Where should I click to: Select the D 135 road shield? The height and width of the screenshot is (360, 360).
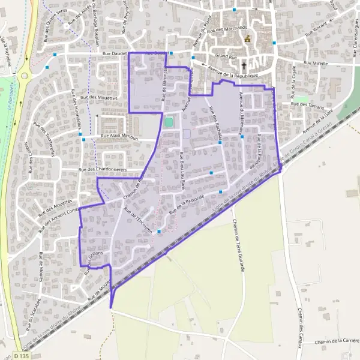point(22,356)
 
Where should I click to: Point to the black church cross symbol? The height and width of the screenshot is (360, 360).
point(244,65)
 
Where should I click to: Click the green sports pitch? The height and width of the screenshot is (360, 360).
point(169,122)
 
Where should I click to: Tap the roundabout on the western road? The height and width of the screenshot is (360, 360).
point(24,76)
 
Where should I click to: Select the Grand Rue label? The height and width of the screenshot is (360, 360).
point(227,56)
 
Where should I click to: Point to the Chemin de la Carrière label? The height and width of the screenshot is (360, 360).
point(336,341)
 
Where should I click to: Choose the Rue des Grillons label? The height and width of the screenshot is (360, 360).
point(97,259)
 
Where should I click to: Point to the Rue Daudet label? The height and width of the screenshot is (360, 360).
point(116,53)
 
